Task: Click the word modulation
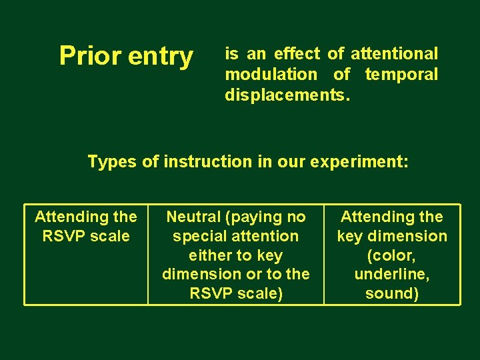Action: (x=271, y=74)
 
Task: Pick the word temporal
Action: (x=401, y=75)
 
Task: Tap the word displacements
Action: (x=286, y=95)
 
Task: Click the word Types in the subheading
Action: (x=112, y=162)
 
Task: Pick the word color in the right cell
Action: (x=392, y=255)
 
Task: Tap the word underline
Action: (x=392, y=275)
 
